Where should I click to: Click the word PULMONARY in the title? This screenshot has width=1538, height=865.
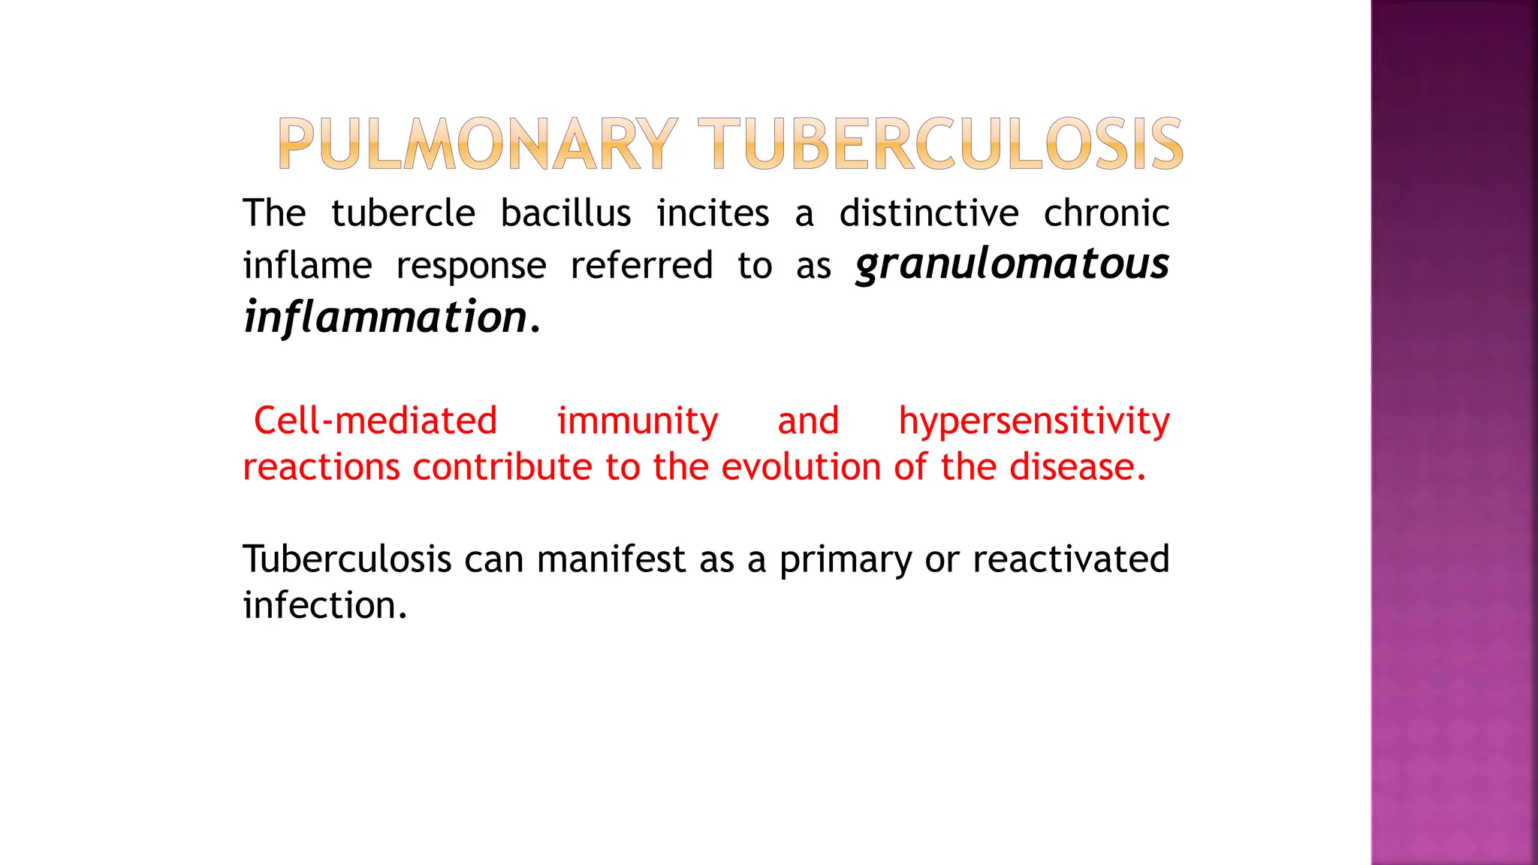(x=478, y=144)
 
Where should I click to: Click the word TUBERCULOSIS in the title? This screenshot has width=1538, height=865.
(x=940, y=144)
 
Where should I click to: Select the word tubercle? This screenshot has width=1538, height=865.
(x=403, y=214)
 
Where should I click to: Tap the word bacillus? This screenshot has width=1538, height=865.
(x=565, y=214)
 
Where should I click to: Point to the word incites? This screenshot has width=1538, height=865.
(x=713, y=214)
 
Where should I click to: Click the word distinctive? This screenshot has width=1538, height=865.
(x=929, y=214)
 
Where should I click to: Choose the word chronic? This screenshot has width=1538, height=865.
(x=1106, y=214)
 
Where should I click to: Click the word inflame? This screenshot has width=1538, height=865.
(x=307, y=266)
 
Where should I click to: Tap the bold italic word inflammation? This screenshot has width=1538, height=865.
(x=386, y=318)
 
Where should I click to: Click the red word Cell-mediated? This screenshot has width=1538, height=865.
(x=375, y=420)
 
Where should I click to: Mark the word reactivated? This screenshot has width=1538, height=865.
(x=1071, y=559)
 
